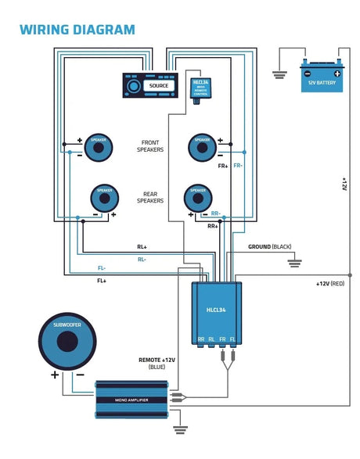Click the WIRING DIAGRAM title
(77, 30)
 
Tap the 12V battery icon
(321, 77)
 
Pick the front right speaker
(201, 146)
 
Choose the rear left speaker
(105, 199)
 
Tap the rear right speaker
(197, 199)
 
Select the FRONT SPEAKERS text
(149, 145)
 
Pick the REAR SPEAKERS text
(149, 198)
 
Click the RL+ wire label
(142, 247)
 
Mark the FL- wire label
(102, 267)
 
